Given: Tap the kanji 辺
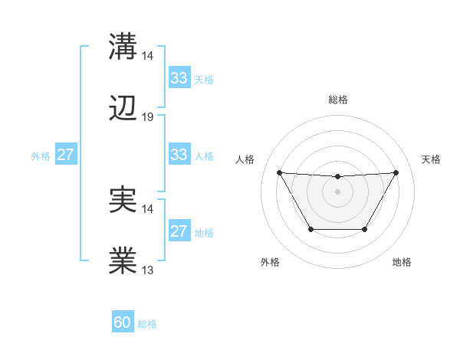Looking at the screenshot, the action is click(x=123, y=110).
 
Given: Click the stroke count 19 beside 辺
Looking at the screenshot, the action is click(x=148, y=117).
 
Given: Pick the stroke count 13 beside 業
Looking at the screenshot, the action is click(x=148, y=270).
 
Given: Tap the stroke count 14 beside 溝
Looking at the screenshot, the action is click(x=148, y=56).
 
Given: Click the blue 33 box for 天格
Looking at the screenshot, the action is click(x=179, y=78).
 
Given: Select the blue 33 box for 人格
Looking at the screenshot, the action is click(x=179, y=155).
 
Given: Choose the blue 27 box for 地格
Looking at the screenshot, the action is click(x=179, y=232).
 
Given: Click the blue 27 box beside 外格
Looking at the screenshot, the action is click(x=65, y=155).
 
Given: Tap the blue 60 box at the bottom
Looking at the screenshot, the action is click(x=123, y=322).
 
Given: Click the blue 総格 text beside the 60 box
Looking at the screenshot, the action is click(x=147, y=324).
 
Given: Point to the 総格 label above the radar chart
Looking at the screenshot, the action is click(x=337, y=100).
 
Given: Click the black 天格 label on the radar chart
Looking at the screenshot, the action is click(x=431, y=159).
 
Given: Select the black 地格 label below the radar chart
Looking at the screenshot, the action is click(x=402, y=262).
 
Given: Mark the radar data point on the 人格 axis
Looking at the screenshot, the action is click(x=279, y=172).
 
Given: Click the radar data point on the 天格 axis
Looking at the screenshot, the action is click(x=396, y=172).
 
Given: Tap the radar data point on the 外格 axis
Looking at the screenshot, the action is click(x=310, y=229).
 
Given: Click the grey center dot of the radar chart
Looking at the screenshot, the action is click(x=337, y=191).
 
